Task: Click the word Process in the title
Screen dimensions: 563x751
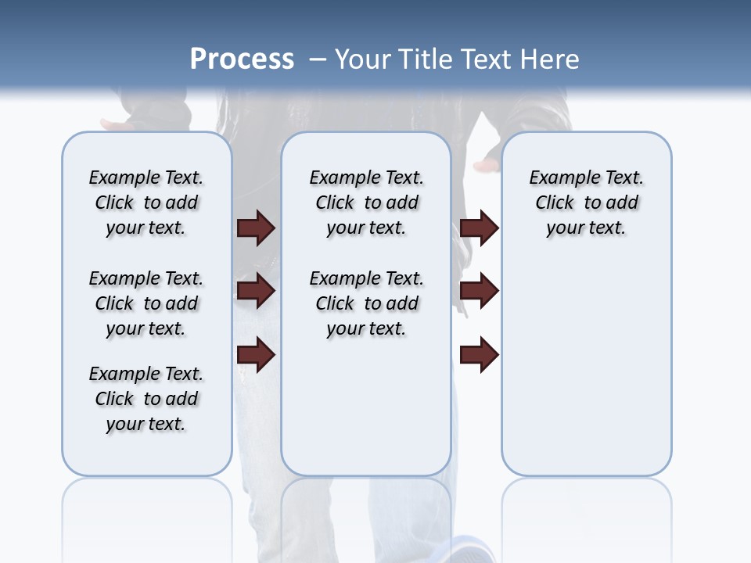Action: click(242, 59)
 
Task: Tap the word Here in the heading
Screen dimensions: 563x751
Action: click(551, 59)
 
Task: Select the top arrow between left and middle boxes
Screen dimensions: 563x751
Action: click(256, 228)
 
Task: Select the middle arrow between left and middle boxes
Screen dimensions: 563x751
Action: click(256, 291)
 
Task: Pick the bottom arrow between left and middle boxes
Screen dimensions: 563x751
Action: click(256, 355)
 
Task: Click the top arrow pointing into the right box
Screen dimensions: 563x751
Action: click(479, 228)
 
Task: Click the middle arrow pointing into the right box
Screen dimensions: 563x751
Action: click(479, 291)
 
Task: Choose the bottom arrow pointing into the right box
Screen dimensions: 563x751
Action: click(479, 355)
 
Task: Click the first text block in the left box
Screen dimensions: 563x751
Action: click(146, 203)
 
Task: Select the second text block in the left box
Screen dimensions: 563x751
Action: click(146, 303)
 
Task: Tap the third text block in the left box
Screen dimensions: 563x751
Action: click(146, 399)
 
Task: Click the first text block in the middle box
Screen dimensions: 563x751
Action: click(366, 203)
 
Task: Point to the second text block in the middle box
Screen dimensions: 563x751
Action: click(366, 303)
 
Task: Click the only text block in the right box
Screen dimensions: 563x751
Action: click(586, 203)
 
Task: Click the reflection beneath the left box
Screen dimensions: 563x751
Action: click(146, 508)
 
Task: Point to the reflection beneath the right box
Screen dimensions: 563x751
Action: click(586, 508)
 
